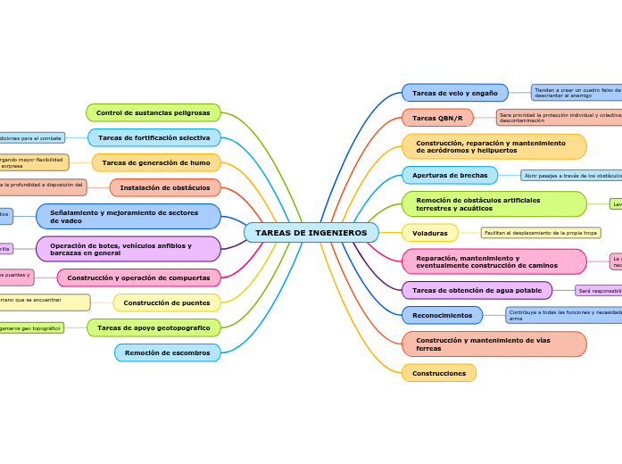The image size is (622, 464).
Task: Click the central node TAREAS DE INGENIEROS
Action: point(311,233)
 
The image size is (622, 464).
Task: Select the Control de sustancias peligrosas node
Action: point(153,112)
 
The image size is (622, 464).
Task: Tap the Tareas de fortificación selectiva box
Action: point(153,137)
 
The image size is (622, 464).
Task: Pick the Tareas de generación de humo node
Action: point(156,162)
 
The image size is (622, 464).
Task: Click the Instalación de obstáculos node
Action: point(165,187)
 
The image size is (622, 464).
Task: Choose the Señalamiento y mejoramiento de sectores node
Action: point(129,216)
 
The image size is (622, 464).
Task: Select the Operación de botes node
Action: point(129,249)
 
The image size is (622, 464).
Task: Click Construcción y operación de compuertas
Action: point(139,278)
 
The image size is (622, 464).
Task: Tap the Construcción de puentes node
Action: point(167,302)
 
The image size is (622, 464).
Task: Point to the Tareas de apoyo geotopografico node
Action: point(153,328)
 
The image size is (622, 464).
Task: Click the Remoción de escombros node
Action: point(167,352)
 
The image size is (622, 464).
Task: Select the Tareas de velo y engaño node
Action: point(454,93)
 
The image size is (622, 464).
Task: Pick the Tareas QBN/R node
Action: point(437,118)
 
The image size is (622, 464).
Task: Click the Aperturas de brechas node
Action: point(450,175)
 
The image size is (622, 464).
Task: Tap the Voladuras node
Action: point(429,233)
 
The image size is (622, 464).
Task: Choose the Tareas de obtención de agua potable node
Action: point(477,290)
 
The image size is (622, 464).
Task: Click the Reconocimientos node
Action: point(442,315)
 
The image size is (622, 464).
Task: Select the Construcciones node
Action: point(439,373)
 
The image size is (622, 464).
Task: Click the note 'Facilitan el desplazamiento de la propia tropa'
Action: point(541,233)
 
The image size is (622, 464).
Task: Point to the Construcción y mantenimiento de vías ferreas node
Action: point(493,344)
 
